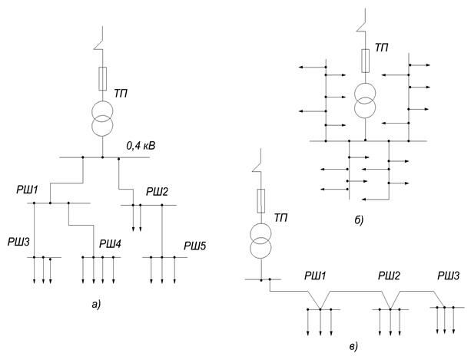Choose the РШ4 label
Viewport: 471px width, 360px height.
pyautogui.click(x=112, y=244)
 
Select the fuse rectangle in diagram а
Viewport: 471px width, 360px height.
pyautogui.click(x=103, y=78)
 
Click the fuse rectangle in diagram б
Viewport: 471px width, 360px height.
pyautogui.click(x=366, y=58)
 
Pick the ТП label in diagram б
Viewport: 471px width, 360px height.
pyautogui.click(x=383, y=48)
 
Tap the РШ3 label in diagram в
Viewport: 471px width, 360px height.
pyautogui.click(x=448, y=275)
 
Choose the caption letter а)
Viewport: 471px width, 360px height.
pyautogui.click(x=96, y=305)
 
